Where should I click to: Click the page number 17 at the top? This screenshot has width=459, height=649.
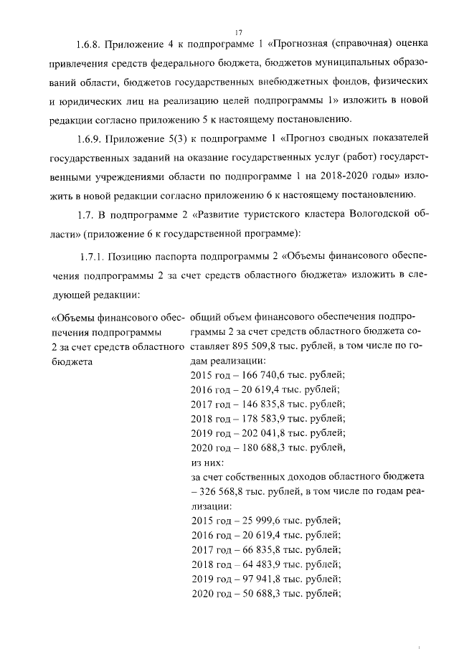(x=239, y=32)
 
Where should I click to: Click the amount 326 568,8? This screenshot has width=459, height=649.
(x=227, y=491)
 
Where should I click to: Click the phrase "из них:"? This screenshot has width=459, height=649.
(x=208, y=462)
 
